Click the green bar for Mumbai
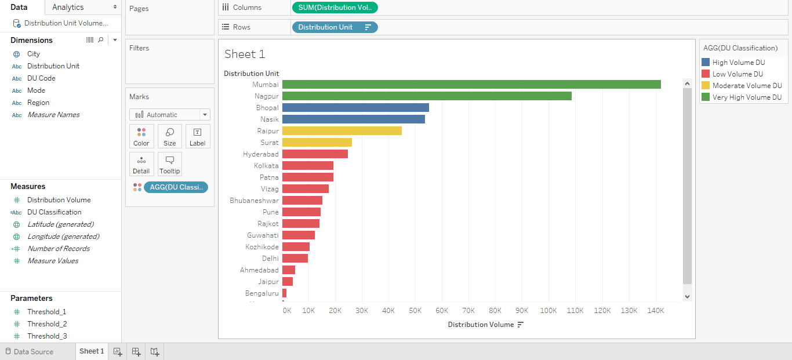(x=471, y=85)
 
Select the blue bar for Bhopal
(x=355, y=108)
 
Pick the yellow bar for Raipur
(x=341, y=131)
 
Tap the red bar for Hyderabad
(x=315, y=154)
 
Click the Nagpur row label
(x=266, y=96)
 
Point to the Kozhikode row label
(x=261, y=247)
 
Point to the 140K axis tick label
(x=655, y=311)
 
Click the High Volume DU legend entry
(x=738, y=63)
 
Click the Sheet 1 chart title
(x=245, y=54)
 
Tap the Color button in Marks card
(x=141, y=136)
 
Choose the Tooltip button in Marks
(x=169, y=164)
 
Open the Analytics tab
(x=68, y=7)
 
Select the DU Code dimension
(x=41, y=78)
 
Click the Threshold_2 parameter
(x=47, y=324)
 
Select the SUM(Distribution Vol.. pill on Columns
(x=335, y=8)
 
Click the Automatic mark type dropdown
(x=169, y=115)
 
